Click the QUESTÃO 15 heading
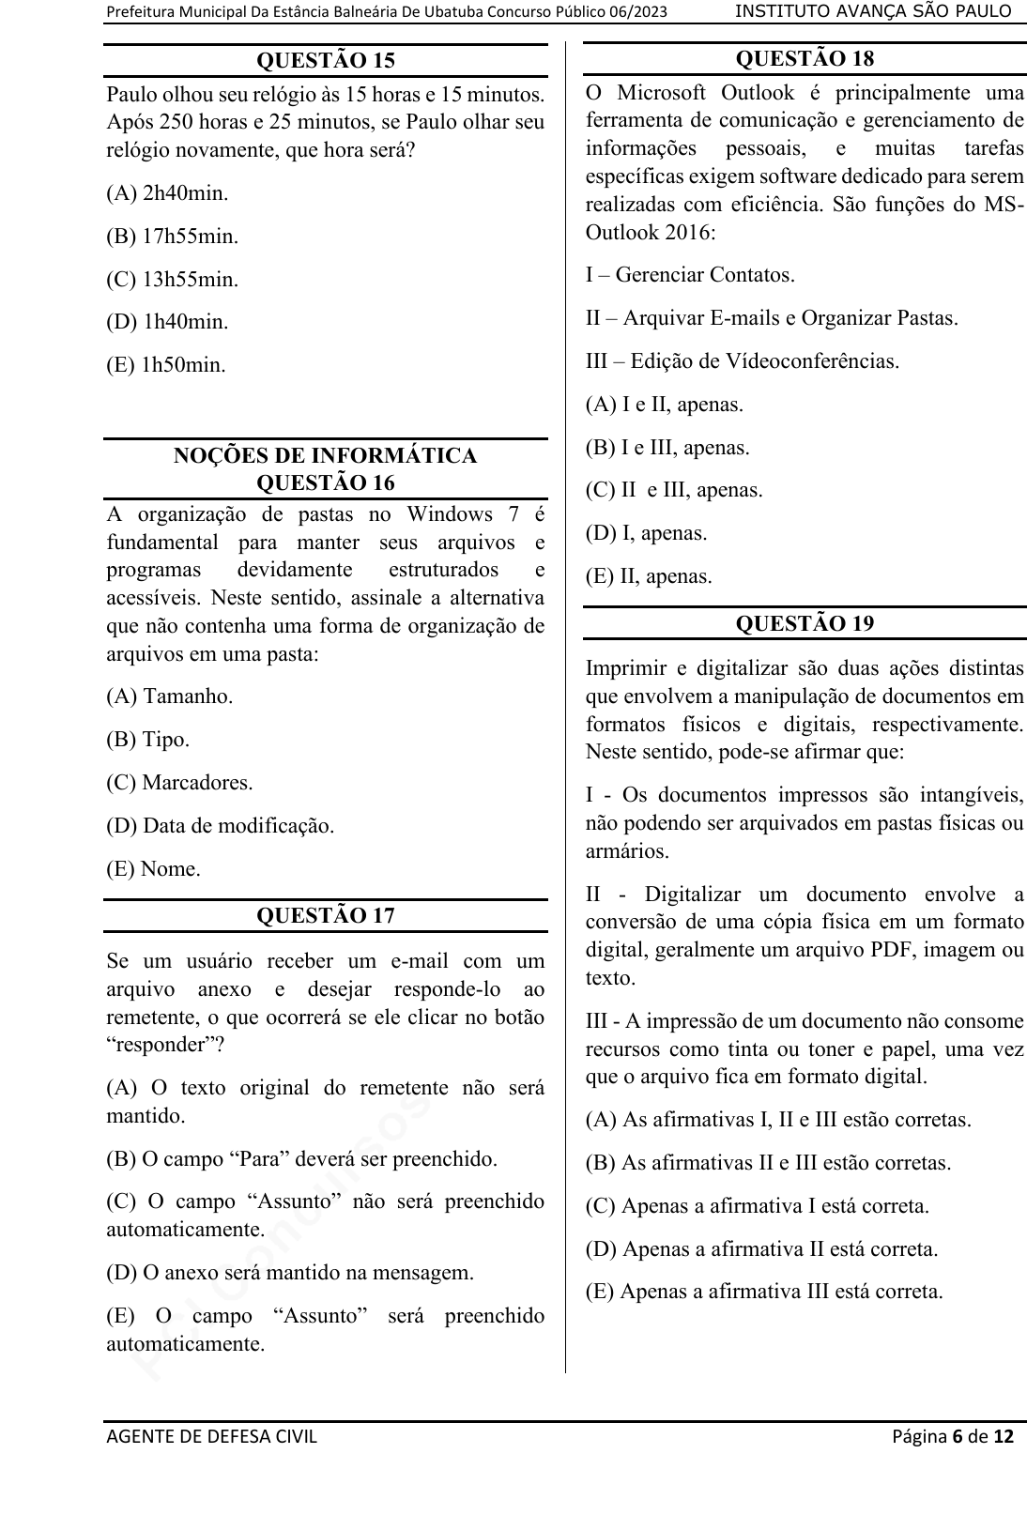click(325, 61)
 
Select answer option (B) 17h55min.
click(173, 237)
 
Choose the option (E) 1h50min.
click(166, 365)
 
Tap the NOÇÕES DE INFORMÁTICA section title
click(325, 456)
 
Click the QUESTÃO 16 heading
click(325, 483)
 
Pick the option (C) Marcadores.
click(179, 783)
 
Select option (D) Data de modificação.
click(221, 826)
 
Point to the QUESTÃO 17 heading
click(325, 916)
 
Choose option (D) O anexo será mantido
click(290, 1273)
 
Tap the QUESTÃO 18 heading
click(805, 59)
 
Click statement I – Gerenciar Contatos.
click(690, 275)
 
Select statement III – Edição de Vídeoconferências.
click(742, 361)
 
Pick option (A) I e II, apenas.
click(664, 405)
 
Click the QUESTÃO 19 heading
click(805, 624)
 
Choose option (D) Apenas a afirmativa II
click(761, 1248)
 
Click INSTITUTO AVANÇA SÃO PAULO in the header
click(873, 11)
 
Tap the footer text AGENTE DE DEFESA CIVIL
click(212, 1436)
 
